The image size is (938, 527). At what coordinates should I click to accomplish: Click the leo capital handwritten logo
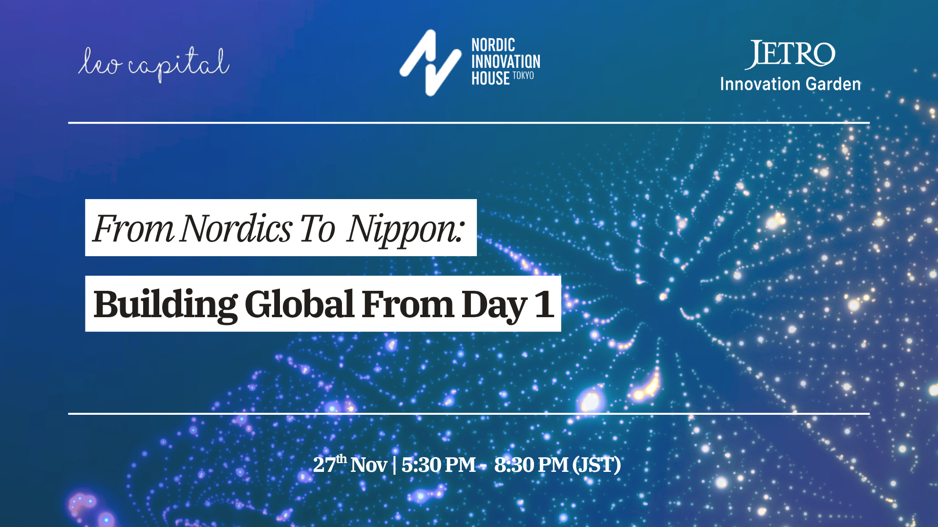coord(153,64)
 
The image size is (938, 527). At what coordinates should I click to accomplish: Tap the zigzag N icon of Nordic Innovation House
coord(430,62)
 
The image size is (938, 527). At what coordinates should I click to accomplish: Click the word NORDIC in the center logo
coord(493,45)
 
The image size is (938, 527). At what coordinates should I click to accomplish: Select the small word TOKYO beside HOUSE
coord(523,76)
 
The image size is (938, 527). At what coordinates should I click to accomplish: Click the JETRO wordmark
coord(790,54)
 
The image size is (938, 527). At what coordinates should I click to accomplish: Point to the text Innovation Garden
coord(790,84)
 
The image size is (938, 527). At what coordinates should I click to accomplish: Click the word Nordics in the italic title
coord(235,228)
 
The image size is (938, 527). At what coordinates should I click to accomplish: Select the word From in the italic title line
coord(133,228)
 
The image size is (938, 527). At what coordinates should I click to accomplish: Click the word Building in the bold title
coord(165,304)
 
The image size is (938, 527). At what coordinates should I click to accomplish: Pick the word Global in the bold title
coord(299,304)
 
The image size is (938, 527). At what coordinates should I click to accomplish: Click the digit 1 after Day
coord(544,304)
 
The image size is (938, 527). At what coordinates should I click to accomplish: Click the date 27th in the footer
coord(329,464)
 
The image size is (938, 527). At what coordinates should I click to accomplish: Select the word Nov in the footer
coord(368,465)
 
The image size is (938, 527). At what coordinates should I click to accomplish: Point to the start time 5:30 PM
coord(438,465)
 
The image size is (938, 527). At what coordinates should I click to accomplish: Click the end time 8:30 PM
coord(531,465)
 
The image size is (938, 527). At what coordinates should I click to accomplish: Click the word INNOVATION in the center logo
coord(506,62)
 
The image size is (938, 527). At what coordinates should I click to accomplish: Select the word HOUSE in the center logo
coord(490,79)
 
